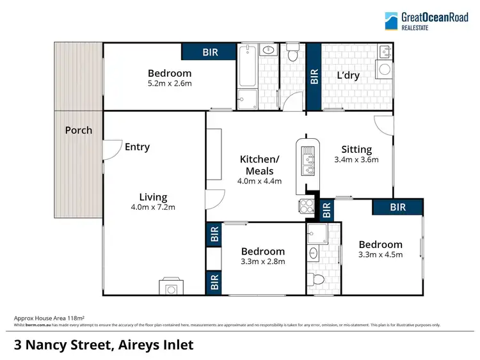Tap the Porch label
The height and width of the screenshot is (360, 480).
[79, 130]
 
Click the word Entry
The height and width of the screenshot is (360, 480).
[137, 147]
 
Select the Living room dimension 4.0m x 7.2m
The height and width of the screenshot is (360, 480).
[154, 207]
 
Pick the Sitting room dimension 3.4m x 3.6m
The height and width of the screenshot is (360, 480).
[356, 160]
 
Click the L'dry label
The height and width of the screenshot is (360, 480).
[348, 75]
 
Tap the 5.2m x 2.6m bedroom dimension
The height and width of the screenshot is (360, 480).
[170, 83]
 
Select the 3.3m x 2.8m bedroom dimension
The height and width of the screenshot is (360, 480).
[263, 261]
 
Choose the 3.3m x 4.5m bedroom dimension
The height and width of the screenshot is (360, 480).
[380, 254]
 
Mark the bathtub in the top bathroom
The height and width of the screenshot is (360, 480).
[247, 67]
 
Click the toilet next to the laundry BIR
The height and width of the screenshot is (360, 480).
[293, 55]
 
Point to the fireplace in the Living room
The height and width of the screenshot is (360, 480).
[171, 288]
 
